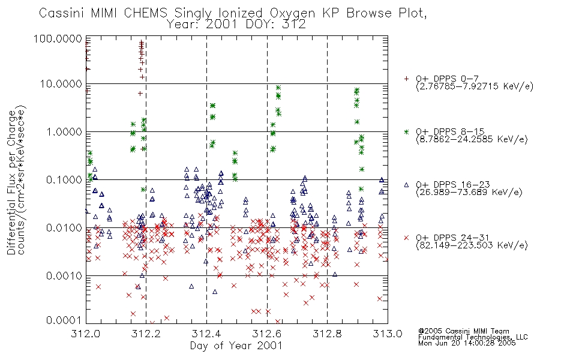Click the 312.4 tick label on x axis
[x=206, y=334]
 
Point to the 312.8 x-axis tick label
[x=327, y=334]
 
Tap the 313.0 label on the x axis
[x=388, y=334]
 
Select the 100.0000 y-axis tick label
[x=58, y=38]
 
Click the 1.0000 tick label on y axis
[x=64, y=131]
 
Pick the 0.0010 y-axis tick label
[x=64, y=276]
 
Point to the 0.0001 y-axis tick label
[x=64, y=320]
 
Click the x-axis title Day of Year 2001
[x=236, y=346]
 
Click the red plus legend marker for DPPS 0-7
[x=406, y=79]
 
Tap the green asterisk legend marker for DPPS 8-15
[x=406, y=131]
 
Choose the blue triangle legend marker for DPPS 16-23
[x=406, y=185]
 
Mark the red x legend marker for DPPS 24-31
[x=406, y=238]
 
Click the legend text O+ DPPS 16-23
[x=453, y=184]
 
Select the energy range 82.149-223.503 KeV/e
[x=472, y=245]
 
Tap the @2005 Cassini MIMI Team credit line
[x=464, y=331]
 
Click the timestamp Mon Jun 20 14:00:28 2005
[x=467, y=343]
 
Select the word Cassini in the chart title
[x=61, y=13]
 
